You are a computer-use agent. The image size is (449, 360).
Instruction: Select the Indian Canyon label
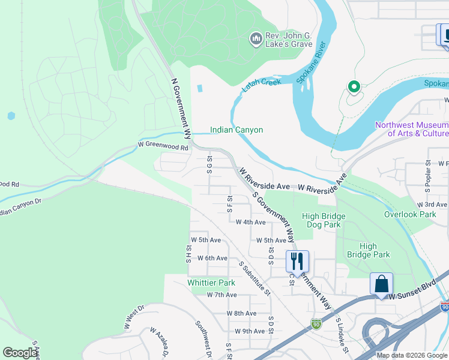pos(236,130)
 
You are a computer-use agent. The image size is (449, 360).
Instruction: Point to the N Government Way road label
pos(181,108)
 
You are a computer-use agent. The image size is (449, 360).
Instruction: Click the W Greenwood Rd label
pos(163,146)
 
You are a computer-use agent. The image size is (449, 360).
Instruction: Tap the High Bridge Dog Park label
pos(324,220)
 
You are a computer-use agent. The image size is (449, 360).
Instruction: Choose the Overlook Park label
pos(411,214)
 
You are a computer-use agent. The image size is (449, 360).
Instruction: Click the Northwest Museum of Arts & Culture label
pos(411,129)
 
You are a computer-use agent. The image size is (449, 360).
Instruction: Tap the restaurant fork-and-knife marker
pos(297,262)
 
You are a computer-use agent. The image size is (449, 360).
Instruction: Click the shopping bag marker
pos(381,283)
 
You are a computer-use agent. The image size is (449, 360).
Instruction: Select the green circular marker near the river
pos(354,88)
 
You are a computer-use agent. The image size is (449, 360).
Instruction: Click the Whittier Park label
pos(211,283)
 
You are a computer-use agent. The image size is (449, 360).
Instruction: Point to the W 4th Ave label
pos(250,222)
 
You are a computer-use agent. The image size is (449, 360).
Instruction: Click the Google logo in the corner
pos(20,353)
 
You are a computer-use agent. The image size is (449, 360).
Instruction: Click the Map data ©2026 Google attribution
pos(412,355)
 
